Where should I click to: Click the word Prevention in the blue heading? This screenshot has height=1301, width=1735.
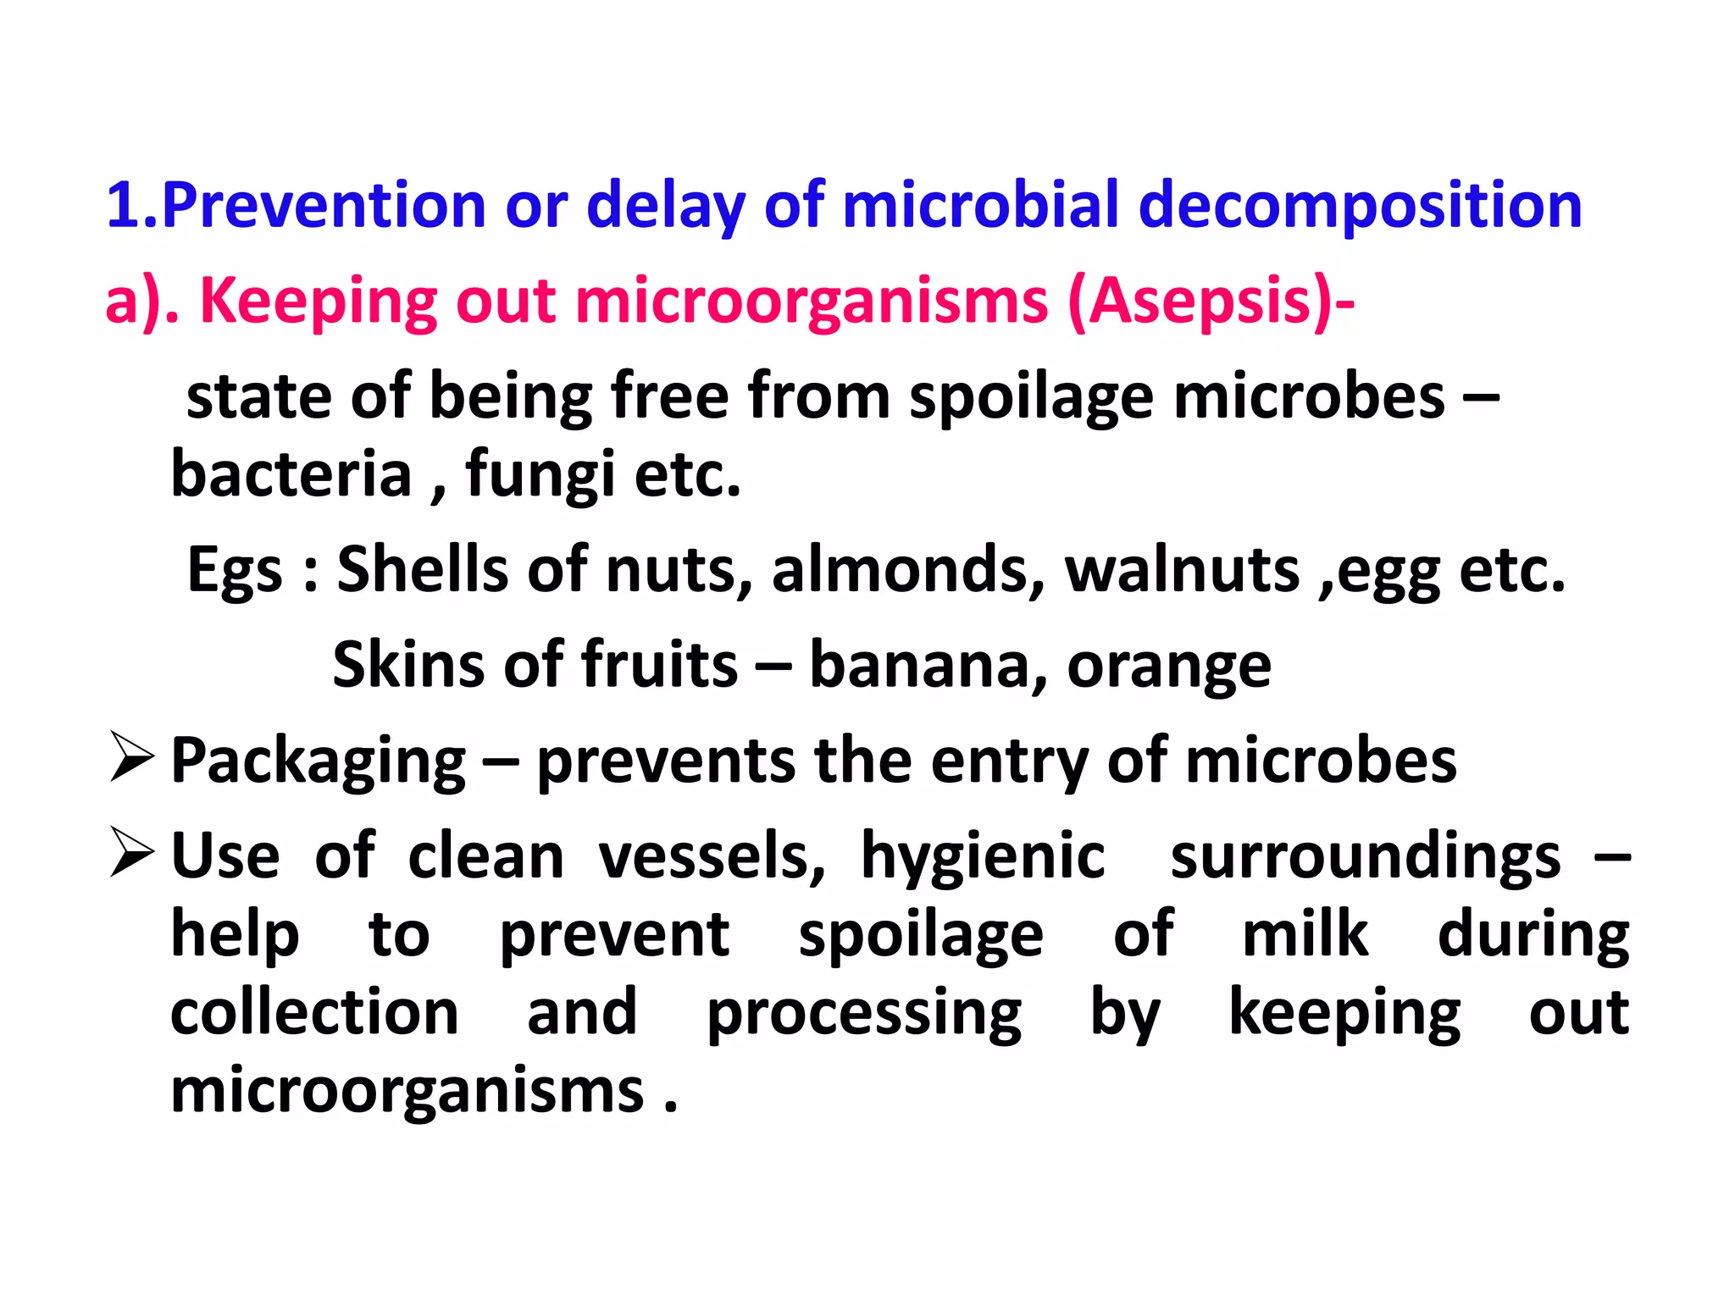pos(323,206)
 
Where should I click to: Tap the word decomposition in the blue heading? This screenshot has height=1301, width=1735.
pos(1360,206)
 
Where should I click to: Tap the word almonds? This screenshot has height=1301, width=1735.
pos(907,569)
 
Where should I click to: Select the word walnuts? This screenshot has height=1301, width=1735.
pos(1182,569)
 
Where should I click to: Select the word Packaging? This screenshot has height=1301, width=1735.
pos(318,761)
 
